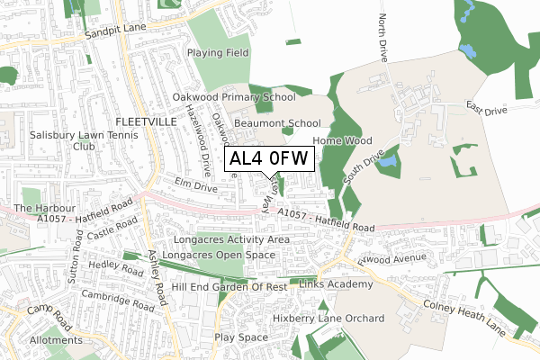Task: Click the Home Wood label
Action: coord(342,141)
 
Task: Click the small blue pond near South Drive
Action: coord(388,163)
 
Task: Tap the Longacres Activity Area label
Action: coord(233,240)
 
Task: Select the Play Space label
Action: coord(241,337)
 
